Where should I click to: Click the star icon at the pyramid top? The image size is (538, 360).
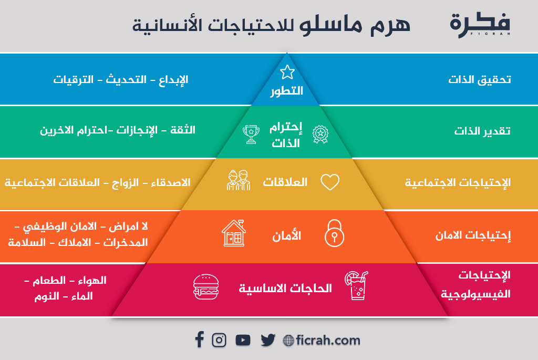point(287,72)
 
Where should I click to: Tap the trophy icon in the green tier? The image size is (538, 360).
point(251,134)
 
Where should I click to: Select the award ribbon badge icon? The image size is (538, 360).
point(320,134)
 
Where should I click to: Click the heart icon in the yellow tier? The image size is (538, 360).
point(330,182)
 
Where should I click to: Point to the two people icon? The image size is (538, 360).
point(239,180)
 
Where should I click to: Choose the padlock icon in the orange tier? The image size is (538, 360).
point(334,233)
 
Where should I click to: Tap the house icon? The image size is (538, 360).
point(234,233)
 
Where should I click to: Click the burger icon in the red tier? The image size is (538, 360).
point(206,287)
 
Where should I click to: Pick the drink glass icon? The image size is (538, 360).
point(357,285)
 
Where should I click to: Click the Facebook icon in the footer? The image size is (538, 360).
point(199,340)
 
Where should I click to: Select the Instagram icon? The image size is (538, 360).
point(219,340)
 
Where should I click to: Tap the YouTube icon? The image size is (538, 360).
point(243,340)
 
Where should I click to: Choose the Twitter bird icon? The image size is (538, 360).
point(268,340)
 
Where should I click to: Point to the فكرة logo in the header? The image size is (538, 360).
point(480,25)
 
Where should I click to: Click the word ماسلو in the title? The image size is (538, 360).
point(331,25)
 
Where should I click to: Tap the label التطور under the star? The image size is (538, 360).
point(287,91)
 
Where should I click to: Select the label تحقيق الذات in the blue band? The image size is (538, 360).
point(480,79)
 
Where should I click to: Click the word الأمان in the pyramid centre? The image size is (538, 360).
point(286,235)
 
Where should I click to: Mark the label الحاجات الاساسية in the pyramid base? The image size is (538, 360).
point(285,289)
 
